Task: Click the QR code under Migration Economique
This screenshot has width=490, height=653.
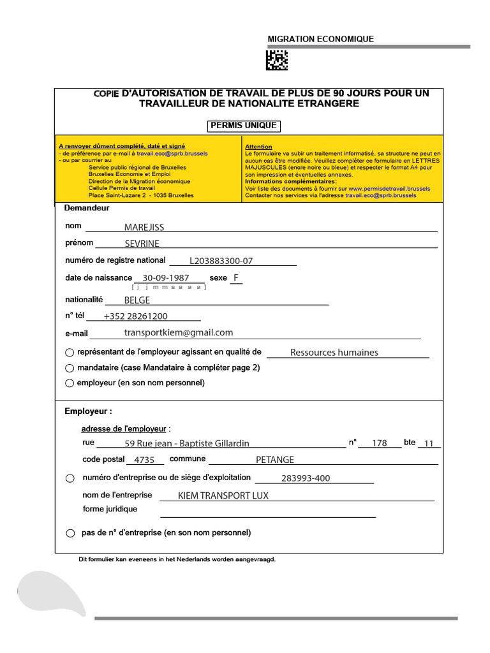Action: (277, 60)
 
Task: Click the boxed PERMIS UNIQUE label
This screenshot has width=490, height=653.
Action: (244, 126)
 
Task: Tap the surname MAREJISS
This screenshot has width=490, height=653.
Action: (144, 227)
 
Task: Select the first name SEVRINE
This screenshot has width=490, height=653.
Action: (142, 244)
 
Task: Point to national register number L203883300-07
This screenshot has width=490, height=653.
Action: (221, 261)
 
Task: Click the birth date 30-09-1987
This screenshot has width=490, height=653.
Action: (166, 278)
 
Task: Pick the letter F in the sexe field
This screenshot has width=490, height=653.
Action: (236, 278)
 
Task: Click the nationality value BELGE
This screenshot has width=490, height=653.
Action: (137, 300)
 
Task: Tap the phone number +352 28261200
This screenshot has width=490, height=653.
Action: (136, 316)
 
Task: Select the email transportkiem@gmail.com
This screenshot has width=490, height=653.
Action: (179, 333)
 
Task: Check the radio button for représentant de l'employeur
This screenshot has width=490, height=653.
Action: (70, 353)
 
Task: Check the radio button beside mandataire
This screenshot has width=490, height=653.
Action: (70, 368)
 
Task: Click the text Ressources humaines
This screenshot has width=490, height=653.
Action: (334, 353)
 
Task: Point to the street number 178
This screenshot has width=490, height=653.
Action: (380, 443)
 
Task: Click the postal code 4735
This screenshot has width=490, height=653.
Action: (145, 460)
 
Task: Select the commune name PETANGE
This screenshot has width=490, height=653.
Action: (275, 460)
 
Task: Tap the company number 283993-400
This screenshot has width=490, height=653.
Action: (306, 478)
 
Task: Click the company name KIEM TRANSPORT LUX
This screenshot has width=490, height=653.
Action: (223, 495)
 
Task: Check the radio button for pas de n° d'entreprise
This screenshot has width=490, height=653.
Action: (70, 533)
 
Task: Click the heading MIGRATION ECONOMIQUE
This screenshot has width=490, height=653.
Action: (321, 40)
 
